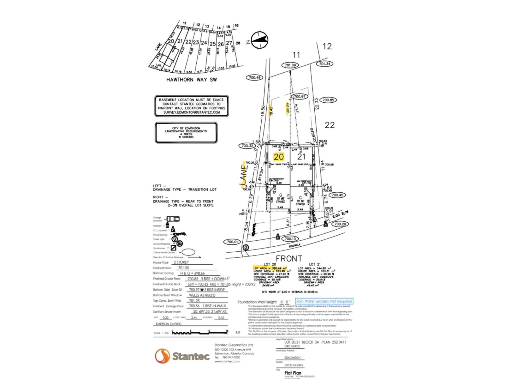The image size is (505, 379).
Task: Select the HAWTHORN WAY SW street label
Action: tap(192, 80)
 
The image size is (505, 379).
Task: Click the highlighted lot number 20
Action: tap(279, 157)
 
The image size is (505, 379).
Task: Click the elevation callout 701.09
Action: tap(290, 65)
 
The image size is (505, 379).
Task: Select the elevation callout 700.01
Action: tap(232, 242)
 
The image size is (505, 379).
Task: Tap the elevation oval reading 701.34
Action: tap(325, 64)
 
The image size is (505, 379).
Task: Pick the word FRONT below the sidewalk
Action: tap(289, 259)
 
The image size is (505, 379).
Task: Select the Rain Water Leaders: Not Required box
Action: tap(324, 301)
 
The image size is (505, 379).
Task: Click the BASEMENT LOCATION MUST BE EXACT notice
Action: tap(192, 106)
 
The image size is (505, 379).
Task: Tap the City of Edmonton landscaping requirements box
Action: tap(186, 133)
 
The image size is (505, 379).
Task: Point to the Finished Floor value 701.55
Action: tap(183, 268)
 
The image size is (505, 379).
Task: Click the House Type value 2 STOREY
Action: tap(181, 262)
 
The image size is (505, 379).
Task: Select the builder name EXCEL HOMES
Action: tap(294, 365)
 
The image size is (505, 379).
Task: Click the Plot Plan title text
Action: tap(293, 373)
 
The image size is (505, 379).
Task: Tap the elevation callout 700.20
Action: tap(340, 224)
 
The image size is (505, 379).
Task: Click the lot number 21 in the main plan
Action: tap(301, 157)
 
